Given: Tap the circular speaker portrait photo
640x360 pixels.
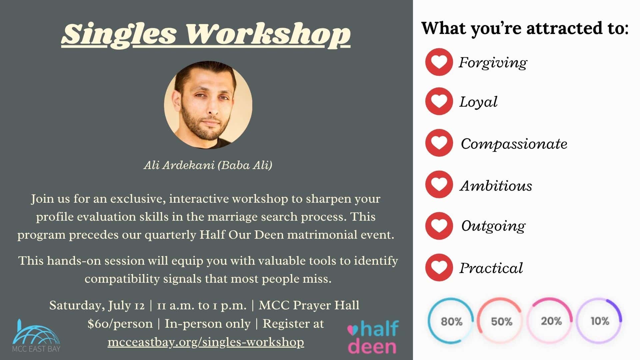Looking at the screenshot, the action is tap(208, 105).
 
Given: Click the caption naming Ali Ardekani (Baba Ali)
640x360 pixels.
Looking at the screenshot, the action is tap(208, 165).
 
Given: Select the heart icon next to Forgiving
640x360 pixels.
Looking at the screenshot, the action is tap(439, 62).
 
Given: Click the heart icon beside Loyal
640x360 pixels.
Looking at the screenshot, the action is tap(439, 101).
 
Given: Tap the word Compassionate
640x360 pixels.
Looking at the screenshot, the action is tap(514, 144).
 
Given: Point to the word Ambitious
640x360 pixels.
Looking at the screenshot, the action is tap(496, 185).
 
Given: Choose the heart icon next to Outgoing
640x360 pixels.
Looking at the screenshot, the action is tap(439, 226).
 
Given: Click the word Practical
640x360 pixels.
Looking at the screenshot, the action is tap(491, 268).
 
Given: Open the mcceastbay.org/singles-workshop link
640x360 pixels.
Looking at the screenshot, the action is tap(206, 342).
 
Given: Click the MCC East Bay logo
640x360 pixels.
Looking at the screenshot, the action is tap(36, 336).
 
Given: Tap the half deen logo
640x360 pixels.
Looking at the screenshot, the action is tap(373, 337).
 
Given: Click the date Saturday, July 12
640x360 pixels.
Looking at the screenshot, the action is tap(97, 305).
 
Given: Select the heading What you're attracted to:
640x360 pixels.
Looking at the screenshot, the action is tap(525, 28).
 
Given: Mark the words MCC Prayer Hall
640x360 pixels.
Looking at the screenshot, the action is tap(309, 305).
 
